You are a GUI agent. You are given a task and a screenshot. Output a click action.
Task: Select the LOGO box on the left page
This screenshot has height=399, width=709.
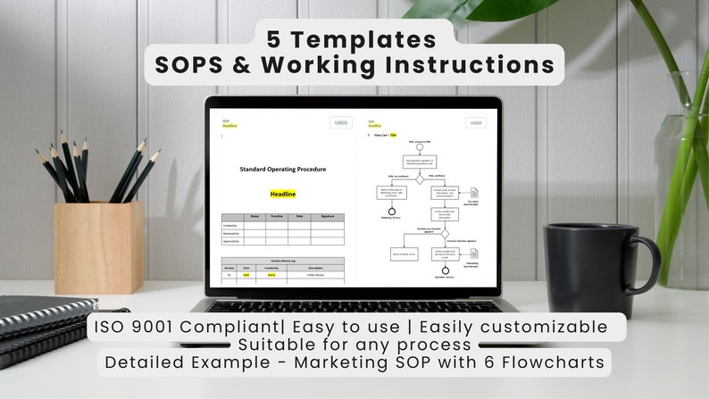tap(340, 123)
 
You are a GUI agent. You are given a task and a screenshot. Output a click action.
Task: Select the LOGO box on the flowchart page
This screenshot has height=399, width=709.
tap(475, 123)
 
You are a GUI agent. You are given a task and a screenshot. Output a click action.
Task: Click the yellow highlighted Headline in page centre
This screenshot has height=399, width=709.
tap(282, 194)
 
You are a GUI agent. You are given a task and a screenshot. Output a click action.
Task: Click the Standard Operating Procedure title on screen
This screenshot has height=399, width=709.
tap(282, 169)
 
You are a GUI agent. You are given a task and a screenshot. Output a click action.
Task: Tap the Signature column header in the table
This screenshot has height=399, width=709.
tap(328, 216)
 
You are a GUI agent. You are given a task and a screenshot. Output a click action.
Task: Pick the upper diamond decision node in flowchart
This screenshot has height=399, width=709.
tap(419, 179)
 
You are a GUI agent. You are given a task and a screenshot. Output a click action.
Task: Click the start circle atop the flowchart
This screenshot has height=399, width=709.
tap(419, 148)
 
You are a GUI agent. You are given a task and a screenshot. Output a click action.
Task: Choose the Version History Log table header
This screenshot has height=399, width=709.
tap(282, 261)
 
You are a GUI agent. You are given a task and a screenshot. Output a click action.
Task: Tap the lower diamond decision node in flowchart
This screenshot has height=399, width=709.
tap(445, 234)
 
